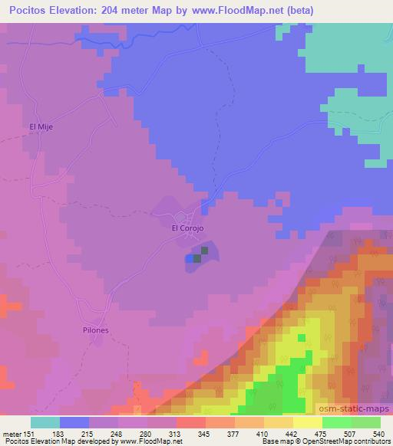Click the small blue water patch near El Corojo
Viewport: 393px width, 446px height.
click(x=190, y=260)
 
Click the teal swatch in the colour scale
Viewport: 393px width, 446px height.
click(x=45, y=422)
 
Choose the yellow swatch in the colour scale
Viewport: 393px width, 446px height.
click(x=308, y=422)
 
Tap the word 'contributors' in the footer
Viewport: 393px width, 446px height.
click(x=368, y=441)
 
